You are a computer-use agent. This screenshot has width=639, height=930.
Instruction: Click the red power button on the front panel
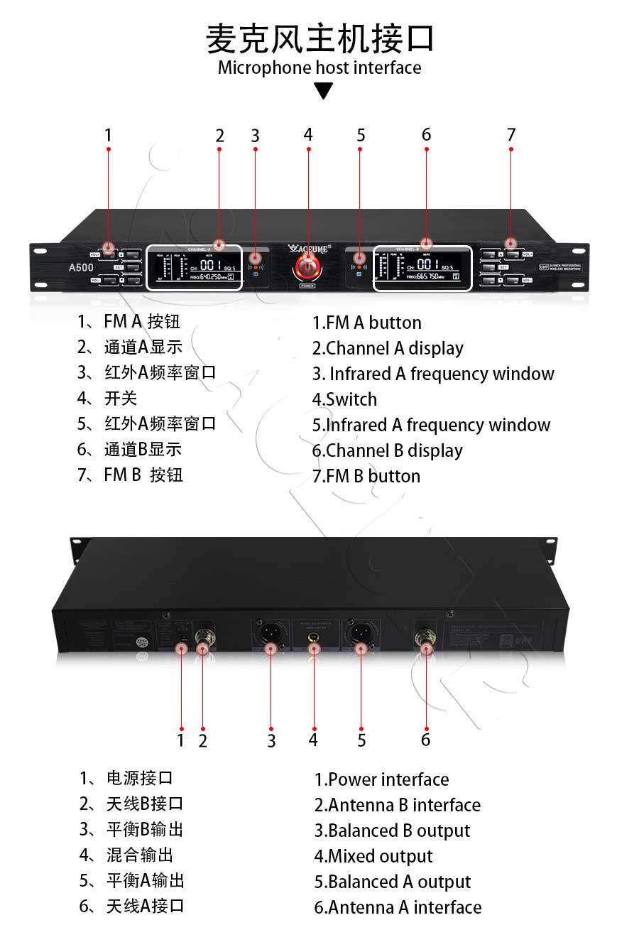coord(308,267)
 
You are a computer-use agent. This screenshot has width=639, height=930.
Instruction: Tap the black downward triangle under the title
coord(324,91)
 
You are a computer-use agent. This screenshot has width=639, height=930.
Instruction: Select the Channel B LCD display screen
coord(423,269)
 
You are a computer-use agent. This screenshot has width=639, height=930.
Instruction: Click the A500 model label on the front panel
coord(76,268)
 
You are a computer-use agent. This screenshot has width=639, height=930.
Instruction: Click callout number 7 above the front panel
coord(511,134)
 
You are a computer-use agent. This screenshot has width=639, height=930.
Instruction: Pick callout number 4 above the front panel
coord(308,134)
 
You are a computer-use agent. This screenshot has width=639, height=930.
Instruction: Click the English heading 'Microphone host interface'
coord(319,68)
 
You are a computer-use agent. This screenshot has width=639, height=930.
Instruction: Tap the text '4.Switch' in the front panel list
coord(344,399)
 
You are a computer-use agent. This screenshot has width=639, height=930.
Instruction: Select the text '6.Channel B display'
coord(388,450)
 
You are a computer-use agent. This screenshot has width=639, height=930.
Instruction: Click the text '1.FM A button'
coord(367,323)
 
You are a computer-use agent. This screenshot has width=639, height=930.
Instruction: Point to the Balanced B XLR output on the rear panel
coord(271,632)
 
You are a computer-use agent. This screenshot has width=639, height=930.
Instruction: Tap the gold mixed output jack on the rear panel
coord(313,637)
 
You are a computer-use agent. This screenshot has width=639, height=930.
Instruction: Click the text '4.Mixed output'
coord(373,856)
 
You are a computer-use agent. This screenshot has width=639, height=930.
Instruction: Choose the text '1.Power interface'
coord(382,779)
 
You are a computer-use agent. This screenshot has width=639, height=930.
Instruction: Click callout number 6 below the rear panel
coord(425,740)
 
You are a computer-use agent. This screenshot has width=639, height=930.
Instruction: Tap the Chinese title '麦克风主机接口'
coord(319,38)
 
